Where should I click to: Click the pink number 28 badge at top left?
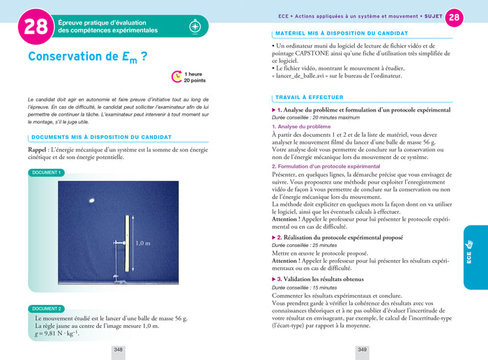[x=35, y=27]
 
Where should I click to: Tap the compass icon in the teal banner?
[x=195, y=27]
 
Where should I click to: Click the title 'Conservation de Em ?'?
[x=87, y=57]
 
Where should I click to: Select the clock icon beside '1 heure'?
[x=177, y=76]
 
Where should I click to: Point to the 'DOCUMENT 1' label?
[x=47, y=172]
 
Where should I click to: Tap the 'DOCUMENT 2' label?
[x=47, y=308]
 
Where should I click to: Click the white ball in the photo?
[x=92, y=200]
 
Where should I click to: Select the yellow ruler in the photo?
[x=127, y=243]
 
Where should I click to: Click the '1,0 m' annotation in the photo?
[x=142, y=243]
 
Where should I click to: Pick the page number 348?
[x=119, y=350]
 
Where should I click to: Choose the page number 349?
[x=362, y=350]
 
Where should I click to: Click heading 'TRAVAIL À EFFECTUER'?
[x=310, y=98]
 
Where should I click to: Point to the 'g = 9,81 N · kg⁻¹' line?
[x=56, y=333]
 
